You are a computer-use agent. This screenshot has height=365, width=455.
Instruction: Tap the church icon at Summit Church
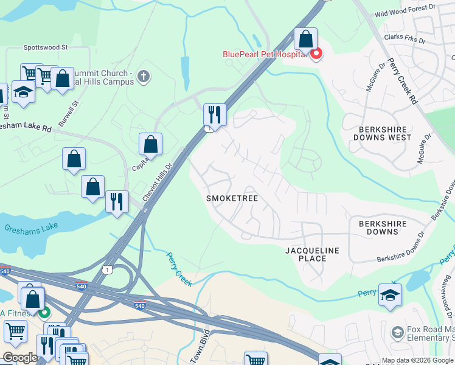point(144,77)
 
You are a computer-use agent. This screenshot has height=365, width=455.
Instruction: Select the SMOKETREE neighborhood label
point(232,199)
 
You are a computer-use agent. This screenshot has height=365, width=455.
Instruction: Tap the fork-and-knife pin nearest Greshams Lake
point(117,201)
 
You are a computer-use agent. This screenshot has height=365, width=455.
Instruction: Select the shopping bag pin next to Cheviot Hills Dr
point(151,145)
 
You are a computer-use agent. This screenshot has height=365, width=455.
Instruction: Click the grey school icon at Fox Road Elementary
point(397,332)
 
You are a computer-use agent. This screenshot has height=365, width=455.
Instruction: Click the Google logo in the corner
point(20,358)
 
